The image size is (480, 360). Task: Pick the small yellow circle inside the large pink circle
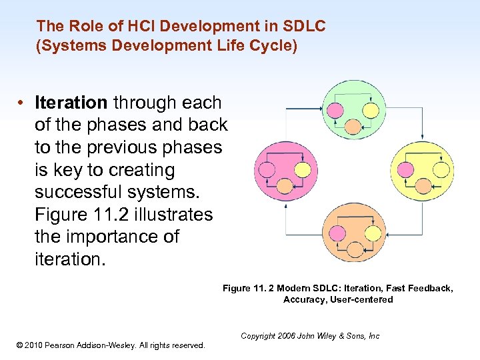pyautogui.click(x=303, y=170)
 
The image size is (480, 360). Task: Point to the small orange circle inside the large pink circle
pyautogui.click(x=285, y=187)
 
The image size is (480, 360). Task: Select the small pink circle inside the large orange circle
pyautogui.click(x=335, y=233)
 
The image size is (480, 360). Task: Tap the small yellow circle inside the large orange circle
pyautogui.click(x=373, y=233)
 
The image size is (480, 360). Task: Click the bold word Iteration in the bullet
pyautogui.click(x=71, y=103)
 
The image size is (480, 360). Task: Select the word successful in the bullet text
pyautogui.click(x=75, y=193)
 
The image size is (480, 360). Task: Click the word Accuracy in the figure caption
pyautogui.click(x=303, y=300)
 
